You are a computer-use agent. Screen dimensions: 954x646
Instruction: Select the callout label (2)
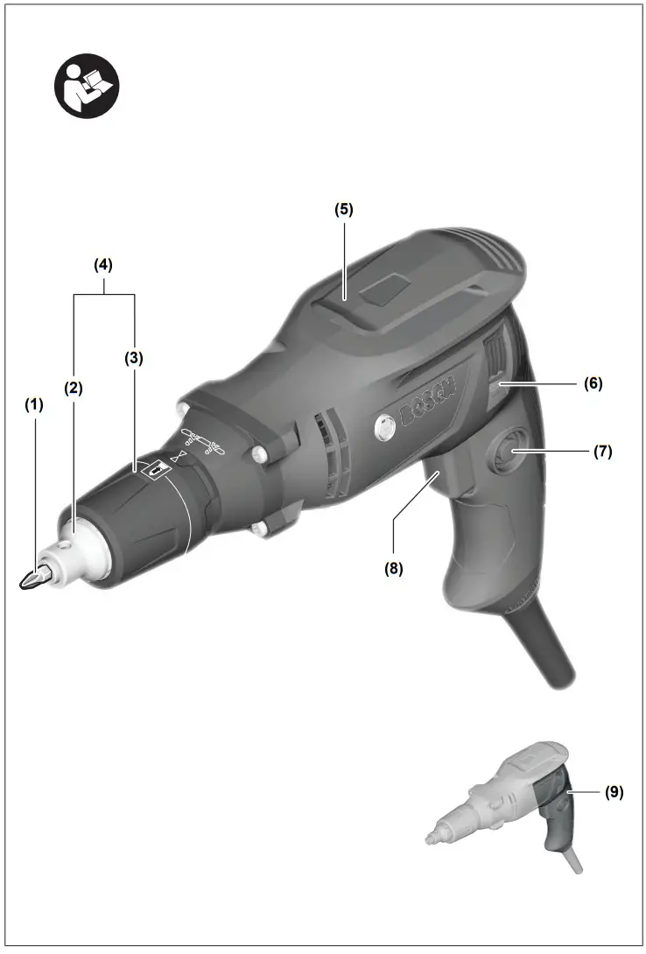point(73,388)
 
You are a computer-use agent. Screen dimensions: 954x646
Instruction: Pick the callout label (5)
point(343,210)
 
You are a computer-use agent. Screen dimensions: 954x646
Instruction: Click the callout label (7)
point(601,452)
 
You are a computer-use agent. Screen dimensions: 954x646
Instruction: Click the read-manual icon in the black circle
point(88,88)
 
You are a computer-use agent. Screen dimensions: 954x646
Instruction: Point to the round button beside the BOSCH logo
point(384,428)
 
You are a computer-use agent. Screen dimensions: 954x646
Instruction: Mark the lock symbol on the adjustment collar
point(157,470)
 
